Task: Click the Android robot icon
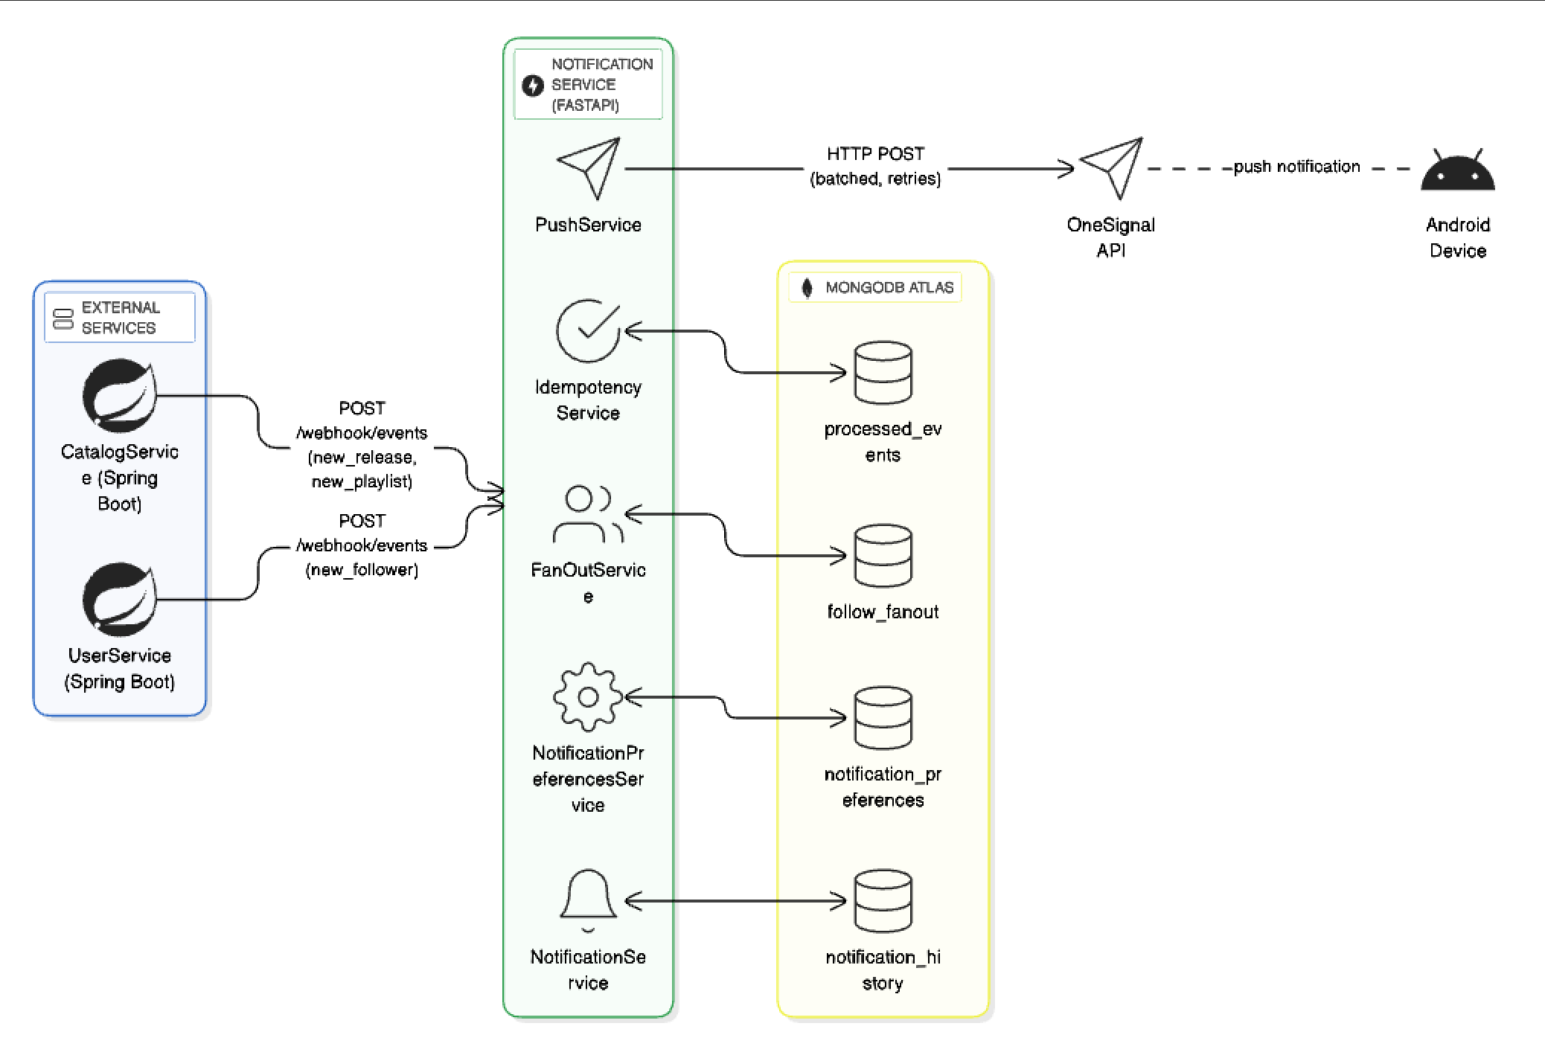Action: pos(1457,171)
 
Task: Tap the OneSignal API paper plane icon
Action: pos(1112,168)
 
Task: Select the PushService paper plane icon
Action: pos(589,168)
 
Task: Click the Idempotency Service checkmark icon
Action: pos(589,331)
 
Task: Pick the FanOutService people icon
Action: pos(588,514)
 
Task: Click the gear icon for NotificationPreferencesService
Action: pos(588,697)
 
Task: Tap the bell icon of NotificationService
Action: pos(588,899)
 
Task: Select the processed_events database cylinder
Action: pos(883,373)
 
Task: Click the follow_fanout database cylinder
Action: pos(883,556)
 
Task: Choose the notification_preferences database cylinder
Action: pos(883,718)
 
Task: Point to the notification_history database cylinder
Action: pos(883,901)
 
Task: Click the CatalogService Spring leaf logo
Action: pos(120,396)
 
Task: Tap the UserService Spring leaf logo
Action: pos(120,600)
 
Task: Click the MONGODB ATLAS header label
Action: pos(889,288)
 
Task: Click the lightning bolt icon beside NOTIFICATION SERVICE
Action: pos(533,86)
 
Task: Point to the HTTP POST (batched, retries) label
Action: pos(875,167)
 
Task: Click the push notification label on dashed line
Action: pos(1296,167)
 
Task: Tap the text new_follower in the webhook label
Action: pos(362,570)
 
